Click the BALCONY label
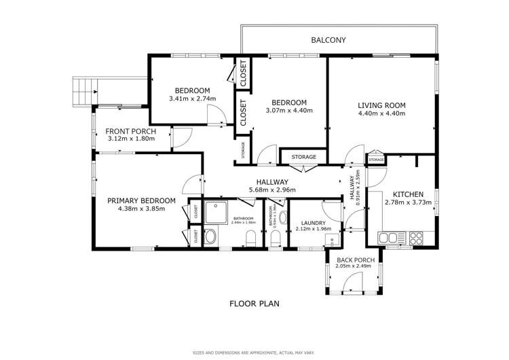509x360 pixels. [328, 40]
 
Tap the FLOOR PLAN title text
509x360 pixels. [254, 304]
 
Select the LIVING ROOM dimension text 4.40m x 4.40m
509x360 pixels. [381, 113]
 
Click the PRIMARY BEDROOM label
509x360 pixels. [142, 200]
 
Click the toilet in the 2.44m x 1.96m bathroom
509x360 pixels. [252, 238]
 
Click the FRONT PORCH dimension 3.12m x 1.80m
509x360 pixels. [131, 139]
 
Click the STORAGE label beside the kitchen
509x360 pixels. [376, 159]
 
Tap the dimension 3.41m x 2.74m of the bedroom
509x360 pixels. [192, 98]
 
